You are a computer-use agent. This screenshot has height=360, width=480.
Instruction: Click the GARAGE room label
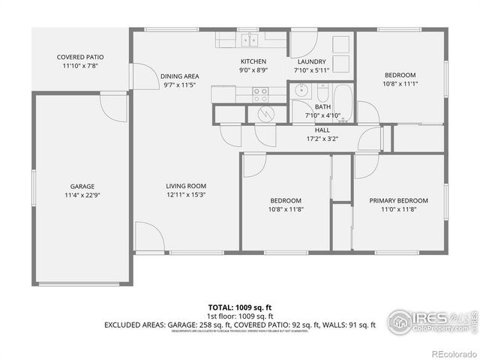(82, 186)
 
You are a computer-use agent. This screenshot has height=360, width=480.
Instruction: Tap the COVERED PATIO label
(80, 57)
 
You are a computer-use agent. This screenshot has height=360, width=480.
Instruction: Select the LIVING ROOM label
(186, 186)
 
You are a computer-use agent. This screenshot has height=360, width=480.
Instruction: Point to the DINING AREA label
(179, 76)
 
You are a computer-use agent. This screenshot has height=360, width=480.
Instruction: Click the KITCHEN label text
(253, 61)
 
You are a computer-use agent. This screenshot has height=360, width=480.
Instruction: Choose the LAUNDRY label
(311, 61)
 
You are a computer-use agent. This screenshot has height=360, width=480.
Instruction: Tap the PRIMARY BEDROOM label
(398, 200)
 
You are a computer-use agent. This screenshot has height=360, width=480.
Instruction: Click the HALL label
(322, 130)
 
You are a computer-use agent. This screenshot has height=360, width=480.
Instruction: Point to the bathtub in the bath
(342, 97)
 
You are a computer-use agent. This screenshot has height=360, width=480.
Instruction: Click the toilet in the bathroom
(322, 94)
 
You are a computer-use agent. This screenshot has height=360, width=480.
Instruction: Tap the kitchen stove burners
(260, 94)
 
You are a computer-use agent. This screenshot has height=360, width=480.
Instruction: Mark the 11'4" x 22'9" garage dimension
(82, 195)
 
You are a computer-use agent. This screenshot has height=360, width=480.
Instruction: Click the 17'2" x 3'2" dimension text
(322, 138)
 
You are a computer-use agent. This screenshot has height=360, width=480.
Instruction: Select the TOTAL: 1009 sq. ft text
(239, 307)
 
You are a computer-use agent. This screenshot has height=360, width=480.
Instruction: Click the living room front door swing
(148, 237)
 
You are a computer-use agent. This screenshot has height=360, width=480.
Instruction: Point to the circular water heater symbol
(266, 112)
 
